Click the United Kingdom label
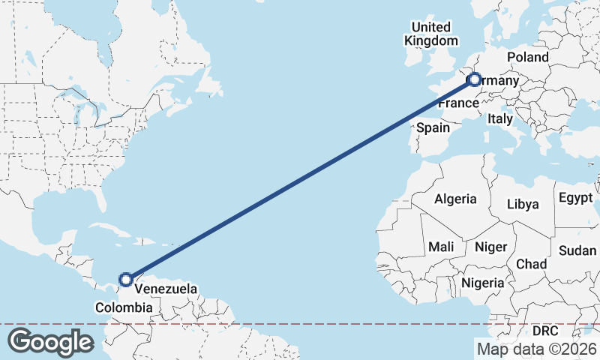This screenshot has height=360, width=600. coord(431,34)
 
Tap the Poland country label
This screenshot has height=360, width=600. coord(527,57)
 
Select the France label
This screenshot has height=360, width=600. coord(458,103)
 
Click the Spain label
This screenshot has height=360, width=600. coord(433,127)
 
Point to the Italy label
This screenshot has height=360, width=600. coord(499,118)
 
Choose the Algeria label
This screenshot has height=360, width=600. coord(455,199)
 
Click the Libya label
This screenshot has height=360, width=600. coord(523,204)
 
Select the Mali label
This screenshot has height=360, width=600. coord(441,246)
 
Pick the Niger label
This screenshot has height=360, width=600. coord(491,247)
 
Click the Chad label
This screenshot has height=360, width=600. coord(531,264)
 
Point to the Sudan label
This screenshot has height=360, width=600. coord(577,250)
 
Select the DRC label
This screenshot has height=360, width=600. coord(546,330)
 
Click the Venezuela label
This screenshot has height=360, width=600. coord(166,289)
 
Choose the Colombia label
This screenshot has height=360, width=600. coord(124,307)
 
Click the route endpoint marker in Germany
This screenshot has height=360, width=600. coord(474,79)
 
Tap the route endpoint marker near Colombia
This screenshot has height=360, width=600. coord(126,280)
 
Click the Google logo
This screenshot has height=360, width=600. coord(50,341)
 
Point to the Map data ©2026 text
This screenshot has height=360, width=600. coord(536,348)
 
